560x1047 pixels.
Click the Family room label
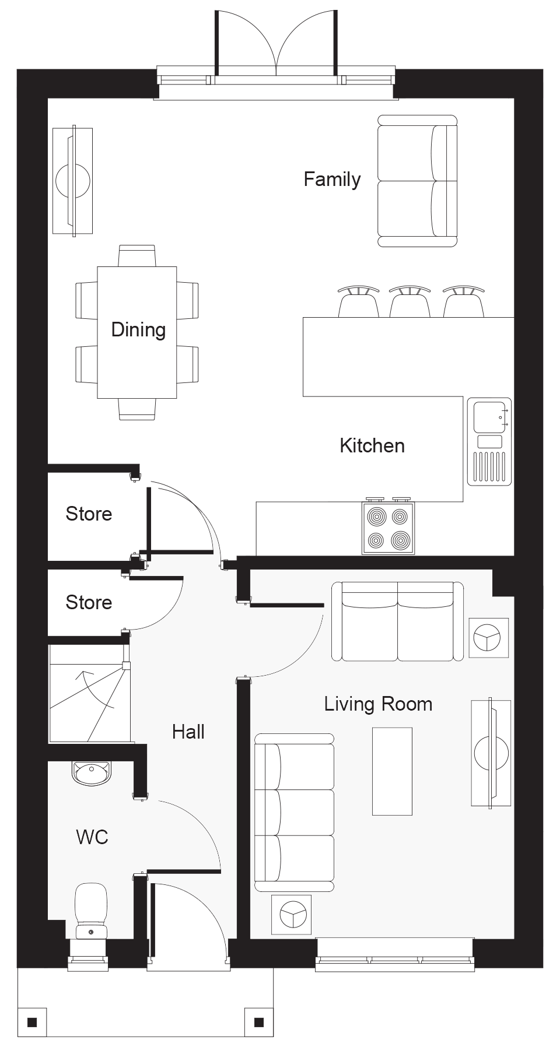point(332,180)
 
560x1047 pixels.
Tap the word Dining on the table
point(138,330)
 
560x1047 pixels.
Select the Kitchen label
point(372,446)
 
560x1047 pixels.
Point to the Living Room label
point(378,704)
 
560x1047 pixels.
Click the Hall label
point(188,732)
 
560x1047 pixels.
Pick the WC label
point(92,837)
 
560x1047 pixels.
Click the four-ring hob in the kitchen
point(388,528)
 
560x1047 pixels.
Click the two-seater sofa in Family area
point(417,181)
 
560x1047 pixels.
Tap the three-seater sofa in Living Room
point(295,813)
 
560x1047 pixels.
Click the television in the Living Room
point(491,753)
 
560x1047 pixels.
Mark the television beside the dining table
point(73,181)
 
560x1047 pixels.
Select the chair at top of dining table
point(137,256)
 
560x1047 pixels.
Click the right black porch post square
point(259,1023)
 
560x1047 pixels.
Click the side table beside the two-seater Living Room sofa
point(489,637)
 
